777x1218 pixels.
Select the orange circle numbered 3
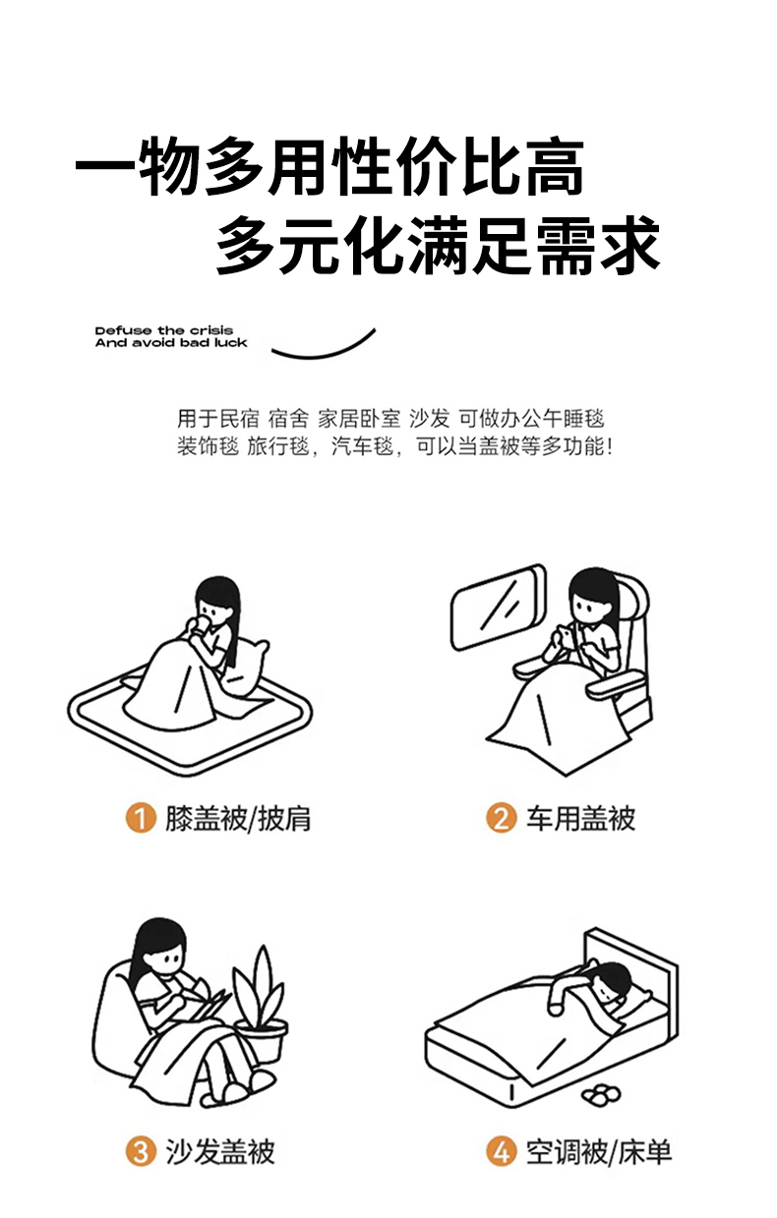coord(141,1151)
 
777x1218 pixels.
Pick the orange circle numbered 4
coord(501,1151)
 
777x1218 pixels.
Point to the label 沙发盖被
coord(220,1152)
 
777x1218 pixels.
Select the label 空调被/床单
coord(599,1152)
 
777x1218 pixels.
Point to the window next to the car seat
coord(499,608)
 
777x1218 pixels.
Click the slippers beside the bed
coord(601,1095)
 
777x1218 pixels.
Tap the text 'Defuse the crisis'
coord(164,330)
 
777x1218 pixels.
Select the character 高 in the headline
coord(555,166)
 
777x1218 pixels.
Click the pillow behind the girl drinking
coord(248,667)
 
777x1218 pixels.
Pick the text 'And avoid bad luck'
coord(171,342)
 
